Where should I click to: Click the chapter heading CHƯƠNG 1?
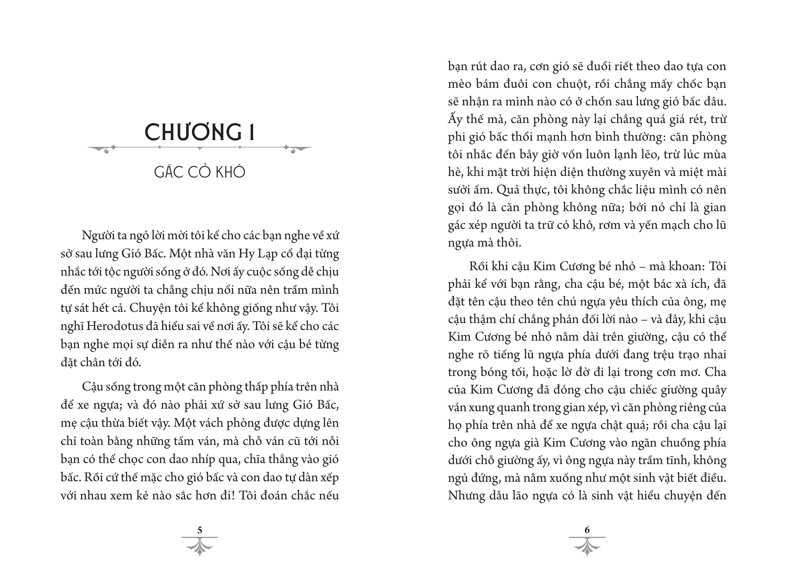[x=200, y=132]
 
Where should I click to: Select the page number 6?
[x=587, y=530]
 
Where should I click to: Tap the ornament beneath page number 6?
[x=587, y=546]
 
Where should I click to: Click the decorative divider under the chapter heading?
[x=200, y=148]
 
